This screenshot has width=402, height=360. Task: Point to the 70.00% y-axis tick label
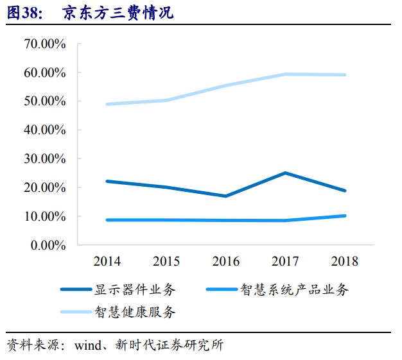pyautogui.click(x=44, y=44)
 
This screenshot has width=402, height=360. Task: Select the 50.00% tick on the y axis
pyautogui.click(x=44, y=101)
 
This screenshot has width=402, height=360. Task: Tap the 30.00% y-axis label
pyautogui.click(x=44, y=159)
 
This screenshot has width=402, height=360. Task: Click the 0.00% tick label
pyautogui.click(x=48, y=245)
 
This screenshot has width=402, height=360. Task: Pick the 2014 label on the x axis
pyautogui.click(x=107, y=262)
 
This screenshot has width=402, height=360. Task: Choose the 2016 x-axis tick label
pyautogui.click(x=225, y=262)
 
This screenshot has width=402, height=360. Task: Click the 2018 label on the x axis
pyautogui.click(x=344, y=262)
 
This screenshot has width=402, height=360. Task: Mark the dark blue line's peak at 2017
pyautogui.click(x=285, y=173)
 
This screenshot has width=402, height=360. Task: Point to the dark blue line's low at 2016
pyautogui.click(x=226, y=196)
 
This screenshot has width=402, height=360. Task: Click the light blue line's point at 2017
pyautogui.click(x=285, y=74)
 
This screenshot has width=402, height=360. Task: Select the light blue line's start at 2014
pyautogui.click(x=107, y=104)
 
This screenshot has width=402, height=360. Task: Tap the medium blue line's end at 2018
pyautogui.click(x=345, y=216)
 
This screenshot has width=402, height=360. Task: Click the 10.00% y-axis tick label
pyautogui.click(x=44, y=216)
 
